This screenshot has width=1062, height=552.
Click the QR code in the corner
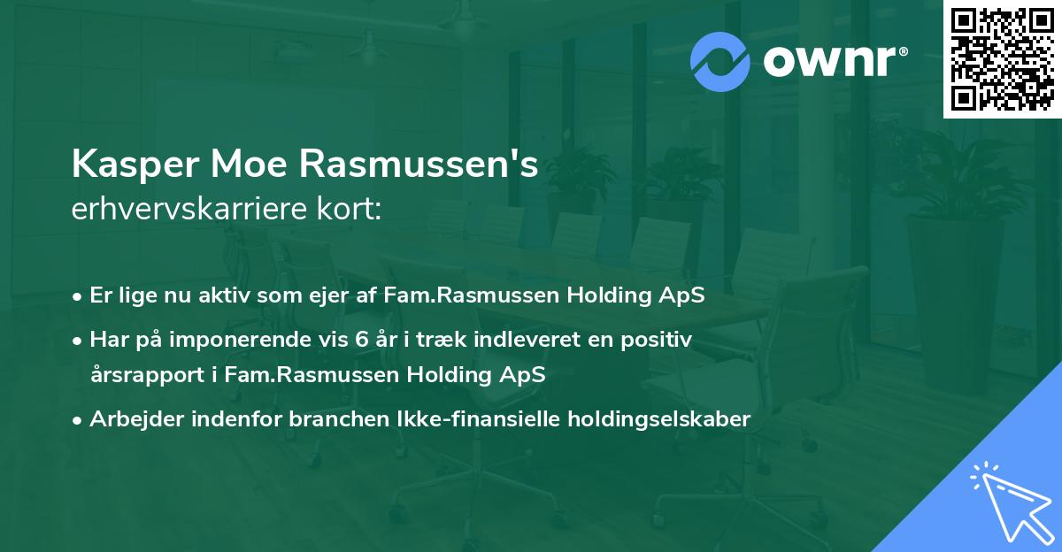1003,58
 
